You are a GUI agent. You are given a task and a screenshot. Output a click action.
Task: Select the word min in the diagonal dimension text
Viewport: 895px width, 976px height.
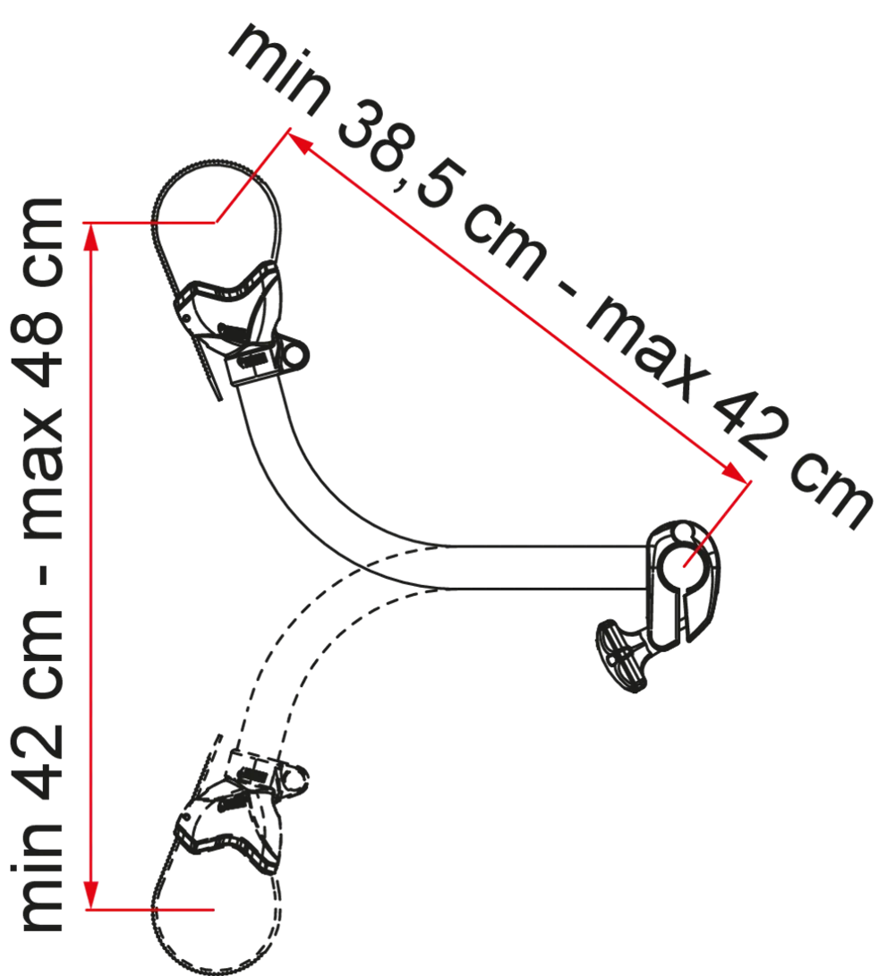(279, 69)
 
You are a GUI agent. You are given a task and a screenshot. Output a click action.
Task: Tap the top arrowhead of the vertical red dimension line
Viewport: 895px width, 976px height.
(91, 236)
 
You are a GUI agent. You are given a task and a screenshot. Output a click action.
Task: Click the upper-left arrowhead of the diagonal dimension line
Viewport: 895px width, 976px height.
(300, 143)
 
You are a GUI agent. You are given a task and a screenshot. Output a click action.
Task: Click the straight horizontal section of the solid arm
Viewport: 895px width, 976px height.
(548, 567)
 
